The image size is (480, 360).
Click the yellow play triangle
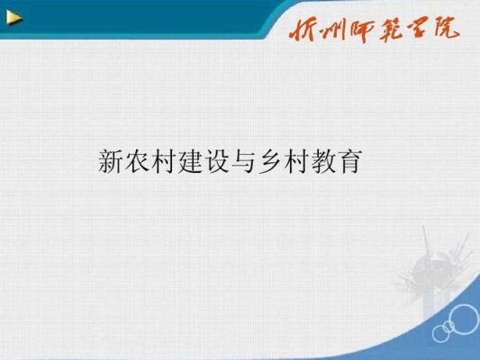coord(14,18)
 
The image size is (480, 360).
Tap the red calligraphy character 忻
coord(303,31)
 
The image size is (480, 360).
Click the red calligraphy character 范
coord(392,30)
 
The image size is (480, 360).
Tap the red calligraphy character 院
coord(446,28)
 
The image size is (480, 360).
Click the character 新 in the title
coord(110,161)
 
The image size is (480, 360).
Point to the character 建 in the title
coord(190,161)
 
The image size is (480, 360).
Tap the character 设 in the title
coord(216,161)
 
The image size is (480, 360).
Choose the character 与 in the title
coord(243,161)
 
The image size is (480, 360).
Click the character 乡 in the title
coord(269,161)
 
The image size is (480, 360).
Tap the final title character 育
coord(349,161)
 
